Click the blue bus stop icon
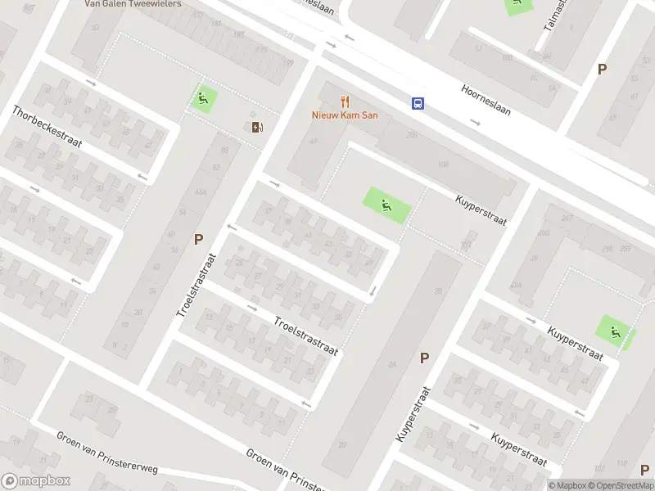418,103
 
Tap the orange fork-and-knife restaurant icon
345,102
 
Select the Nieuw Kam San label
344,115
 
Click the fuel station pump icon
258,126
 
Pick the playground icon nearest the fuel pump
204,100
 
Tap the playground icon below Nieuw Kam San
385,204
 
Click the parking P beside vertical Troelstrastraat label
197,240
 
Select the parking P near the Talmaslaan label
602,70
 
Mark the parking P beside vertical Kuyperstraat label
424,358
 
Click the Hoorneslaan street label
486,100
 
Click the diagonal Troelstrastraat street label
305,336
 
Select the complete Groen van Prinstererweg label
106,453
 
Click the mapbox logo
35,481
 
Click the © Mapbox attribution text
566,485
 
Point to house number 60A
201,192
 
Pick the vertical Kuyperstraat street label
413,414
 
